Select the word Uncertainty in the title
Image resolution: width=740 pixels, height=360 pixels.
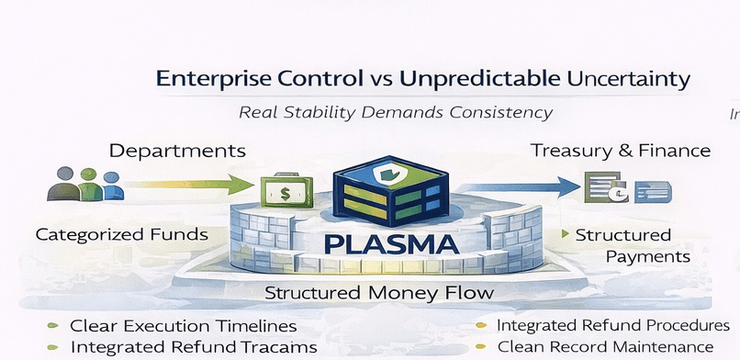[629, 80]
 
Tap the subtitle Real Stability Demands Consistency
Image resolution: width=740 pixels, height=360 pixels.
[396, 113]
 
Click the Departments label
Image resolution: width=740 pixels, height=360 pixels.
[177, 152]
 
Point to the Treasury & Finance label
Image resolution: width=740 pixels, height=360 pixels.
[621, 151]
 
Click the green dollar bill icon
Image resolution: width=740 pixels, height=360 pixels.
[286, 192]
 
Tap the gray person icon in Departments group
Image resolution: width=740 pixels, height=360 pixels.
[64, 184]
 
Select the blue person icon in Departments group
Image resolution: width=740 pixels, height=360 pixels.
[112, 186]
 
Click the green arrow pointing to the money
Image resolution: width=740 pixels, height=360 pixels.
[190, 184]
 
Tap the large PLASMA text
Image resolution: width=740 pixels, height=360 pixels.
[392, 245]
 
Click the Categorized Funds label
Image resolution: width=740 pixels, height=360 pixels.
[122, 234]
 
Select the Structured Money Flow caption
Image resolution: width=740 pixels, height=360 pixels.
[379, 293]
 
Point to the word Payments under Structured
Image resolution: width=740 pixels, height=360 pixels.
[648, 257]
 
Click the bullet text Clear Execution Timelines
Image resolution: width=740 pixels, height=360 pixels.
[183, 325]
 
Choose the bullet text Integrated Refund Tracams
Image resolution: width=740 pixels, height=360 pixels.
[194, 347]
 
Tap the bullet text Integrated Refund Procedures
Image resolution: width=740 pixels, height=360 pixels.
[613, 325]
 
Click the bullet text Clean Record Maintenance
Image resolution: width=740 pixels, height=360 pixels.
[606, 347]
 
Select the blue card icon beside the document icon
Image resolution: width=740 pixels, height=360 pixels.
[653, 192]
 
